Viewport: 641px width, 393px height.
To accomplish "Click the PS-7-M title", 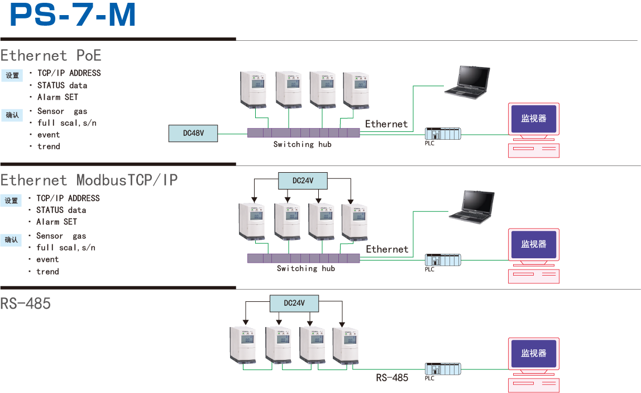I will click(73, 16).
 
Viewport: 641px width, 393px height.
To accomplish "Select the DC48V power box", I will click(193, 134).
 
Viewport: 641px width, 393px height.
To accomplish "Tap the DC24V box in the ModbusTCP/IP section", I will click(303, 181).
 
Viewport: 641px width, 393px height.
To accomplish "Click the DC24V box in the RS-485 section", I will click(294, 303).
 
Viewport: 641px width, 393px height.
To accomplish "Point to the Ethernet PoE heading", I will click(51, 55).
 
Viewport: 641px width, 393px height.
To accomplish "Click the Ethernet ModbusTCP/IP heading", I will click(89, 180).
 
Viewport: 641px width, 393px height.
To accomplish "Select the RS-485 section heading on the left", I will click(26, 304).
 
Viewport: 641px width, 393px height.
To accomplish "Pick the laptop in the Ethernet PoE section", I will click(467, 83).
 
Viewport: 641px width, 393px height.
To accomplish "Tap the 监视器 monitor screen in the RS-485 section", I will click(534, 353).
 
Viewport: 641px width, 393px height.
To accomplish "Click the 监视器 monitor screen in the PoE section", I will click(534, 119).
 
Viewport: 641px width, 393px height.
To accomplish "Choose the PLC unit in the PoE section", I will click(442, 134).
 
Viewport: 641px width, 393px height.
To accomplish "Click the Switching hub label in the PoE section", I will click(302, 144).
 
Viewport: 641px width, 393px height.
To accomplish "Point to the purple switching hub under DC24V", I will click(304, 258).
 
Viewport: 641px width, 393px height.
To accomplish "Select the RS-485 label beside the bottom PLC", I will click(392, 377).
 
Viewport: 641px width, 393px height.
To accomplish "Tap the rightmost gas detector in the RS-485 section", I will click(346, 346).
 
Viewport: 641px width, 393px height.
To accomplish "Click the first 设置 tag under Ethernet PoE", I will click(12, 75).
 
